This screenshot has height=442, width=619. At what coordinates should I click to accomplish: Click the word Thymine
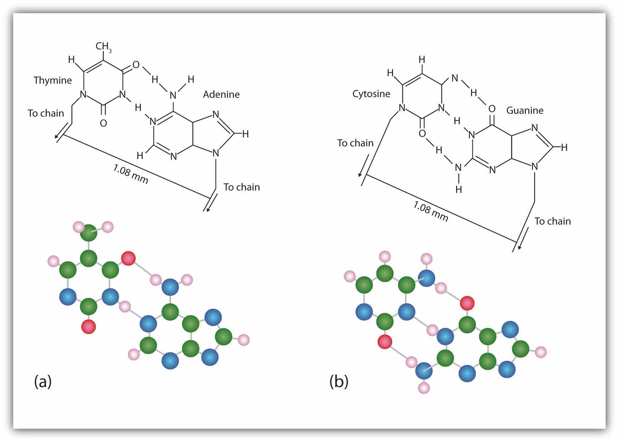[x=53, y=80]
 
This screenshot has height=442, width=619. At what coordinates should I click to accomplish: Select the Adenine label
[x=221, y=95]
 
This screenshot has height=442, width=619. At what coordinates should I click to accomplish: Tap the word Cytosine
[x=371, y=94]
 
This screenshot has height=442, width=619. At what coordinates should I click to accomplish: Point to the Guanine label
[x=525, y=110]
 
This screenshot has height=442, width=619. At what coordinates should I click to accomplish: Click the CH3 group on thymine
[x=104, y=47]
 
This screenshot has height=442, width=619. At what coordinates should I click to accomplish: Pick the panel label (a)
[x=43, y=382]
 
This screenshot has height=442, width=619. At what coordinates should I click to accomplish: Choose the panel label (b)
[x=339, y=382]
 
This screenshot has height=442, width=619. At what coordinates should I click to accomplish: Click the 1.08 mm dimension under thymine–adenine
[x=131, y=174]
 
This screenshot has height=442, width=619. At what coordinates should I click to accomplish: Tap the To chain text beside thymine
[x=46, y=113]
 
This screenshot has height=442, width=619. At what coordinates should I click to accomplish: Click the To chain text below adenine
[x=242, y=187]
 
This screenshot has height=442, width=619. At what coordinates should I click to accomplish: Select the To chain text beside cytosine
[x=355, y=143]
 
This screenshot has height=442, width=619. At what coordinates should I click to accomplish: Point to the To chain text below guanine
[x=553, y=221]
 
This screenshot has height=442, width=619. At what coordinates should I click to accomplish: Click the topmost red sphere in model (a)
[x=128, y=258]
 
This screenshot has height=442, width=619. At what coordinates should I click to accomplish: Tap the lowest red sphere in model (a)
[x=89, y=326]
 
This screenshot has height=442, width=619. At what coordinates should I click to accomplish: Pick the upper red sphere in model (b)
[x=467, y=303]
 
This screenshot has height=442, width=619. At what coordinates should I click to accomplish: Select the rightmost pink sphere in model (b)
[x=540, y=352]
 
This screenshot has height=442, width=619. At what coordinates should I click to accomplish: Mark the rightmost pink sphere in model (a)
[x=244, y=340]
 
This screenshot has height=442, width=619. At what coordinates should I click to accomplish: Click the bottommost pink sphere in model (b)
[x=424, y=388]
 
